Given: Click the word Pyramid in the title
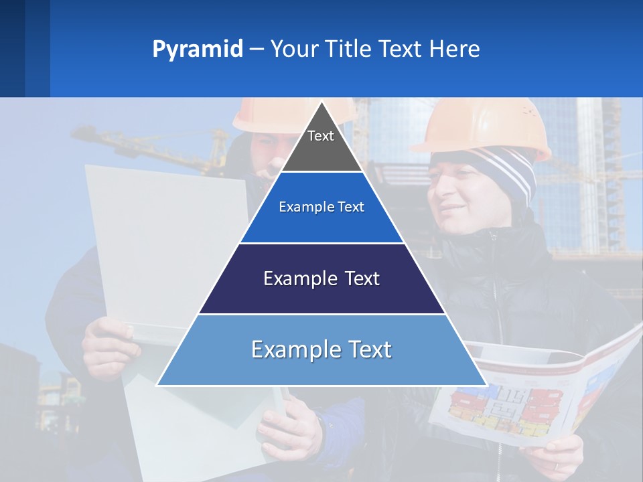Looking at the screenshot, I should [198, 50].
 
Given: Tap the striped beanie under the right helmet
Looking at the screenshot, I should [509, 171].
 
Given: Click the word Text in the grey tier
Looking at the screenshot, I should [321, 136].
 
